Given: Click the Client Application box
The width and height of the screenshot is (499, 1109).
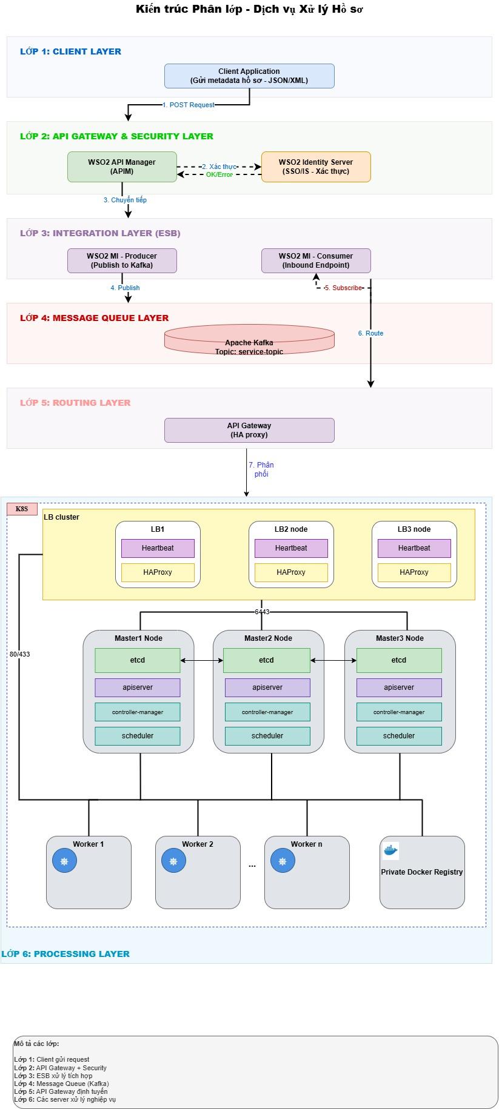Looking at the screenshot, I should [249, 76].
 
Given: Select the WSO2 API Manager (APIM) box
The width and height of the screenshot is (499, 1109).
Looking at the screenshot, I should [122, 167].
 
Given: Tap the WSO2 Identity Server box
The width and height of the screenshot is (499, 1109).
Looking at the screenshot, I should [316, 167].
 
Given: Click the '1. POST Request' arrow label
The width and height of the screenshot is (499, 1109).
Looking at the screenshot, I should [188, 105].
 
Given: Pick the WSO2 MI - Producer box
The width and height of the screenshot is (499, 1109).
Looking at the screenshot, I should [122, 260].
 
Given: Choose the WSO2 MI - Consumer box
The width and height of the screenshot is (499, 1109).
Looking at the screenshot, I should [316, 260].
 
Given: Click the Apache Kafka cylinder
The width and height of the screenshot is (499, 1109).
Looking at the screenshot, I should [249, 340].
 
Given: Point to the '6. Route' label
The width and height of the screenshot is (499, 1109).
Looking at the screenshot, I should [370, 333].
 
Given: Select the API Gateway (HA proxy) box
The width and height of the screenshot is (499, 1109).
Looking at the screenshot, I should [249, 430].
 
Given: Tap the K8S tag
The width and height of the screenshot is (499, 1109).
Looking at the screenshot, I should [22, 509].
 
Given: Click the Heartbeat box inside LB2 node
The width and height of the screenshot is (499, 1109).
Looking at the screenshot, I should [291, 548].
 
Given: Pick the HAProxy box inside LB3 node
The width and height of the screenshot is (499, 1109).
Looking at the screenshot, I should [414, 572].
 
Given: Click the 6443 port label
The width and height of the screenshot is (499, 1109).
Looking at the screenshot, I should [262, 612].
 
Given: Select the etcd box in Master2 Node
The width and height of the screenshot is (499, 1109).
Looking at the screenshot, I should [267, 660].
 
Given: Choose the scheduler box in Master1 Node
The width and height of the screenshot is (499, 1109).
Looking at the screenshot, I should [138, 736].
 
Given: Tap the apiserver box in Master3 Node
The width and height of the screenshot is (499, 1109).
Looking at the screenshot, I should [399, 687].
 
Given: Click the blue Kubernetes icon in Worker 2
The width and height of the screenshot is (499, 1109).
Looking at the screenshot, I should [173, 861].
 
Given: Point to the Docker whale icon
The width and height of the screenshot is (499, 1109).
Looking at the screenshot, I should [390, 851].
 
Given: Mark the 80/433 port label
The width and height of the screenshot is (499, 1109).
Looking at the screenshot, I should [19, 654].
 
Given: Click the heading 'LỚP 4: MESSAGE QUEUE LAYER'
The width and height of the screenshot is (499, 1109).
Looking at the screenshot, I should [94, 318].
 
